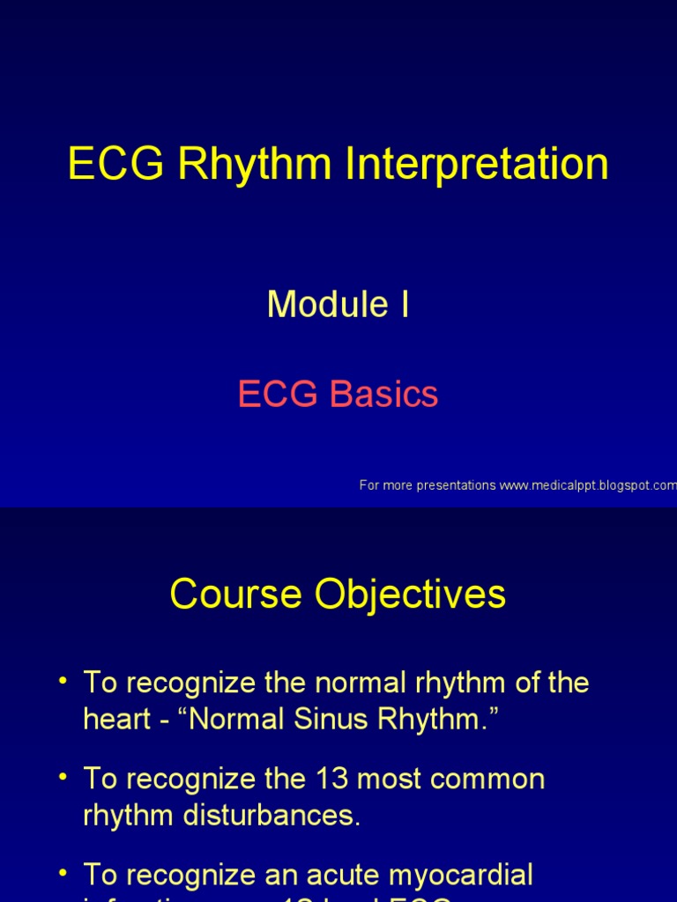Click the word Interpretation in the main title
coord(477,165)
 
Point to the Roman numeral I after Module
coord(404,305)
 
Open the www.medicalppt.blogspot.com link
coord(588,485)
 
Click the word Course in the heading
coord(231,595)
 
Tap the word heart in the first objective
coord(115,720)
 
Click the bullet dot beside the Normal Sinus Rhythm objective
coord(63,680)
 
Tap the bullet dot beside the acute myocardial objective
coord(63,872)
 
